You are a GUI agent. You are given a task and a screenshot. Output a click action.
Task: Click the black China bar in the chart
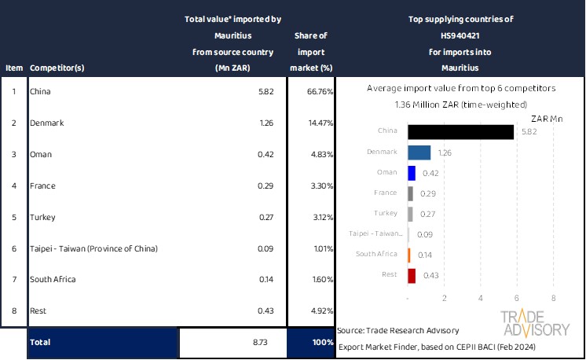(461, 132)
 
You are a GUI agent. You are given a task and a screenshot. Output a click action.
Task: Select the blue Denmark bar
(419, 152)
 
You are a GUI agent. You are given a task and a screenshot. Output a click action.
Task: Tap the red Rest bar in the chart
(412, 276)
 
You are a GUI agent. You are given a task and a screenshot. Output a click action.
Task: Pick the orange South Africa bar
(410, 255)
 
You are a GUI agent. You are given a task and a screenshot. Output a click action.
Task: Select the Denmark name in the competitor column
(46, 123)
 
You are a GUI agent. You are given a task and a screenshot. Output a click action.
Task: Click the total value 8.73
(261, 343)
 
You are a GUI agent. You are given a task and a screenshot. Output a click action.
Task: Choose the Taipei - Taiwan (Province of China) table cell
(93, 248)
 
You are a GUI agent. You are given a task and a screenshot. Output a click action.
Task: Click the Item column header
(14, 68)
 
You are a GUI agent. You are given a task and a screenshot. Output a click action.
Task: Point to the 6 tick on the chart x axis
(517, 298)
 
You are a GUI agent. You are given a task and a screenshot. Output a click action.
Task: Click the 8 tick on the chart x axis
(554, 298)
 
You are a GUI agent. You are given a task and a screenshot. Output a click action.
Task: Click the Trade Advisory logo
(536, 324)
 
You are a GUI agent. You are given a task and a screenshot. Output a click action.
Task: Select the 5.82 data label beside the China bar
(529, 132)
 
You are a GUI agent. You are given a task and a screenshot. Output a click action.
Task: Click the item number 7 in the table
(14, 279)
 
